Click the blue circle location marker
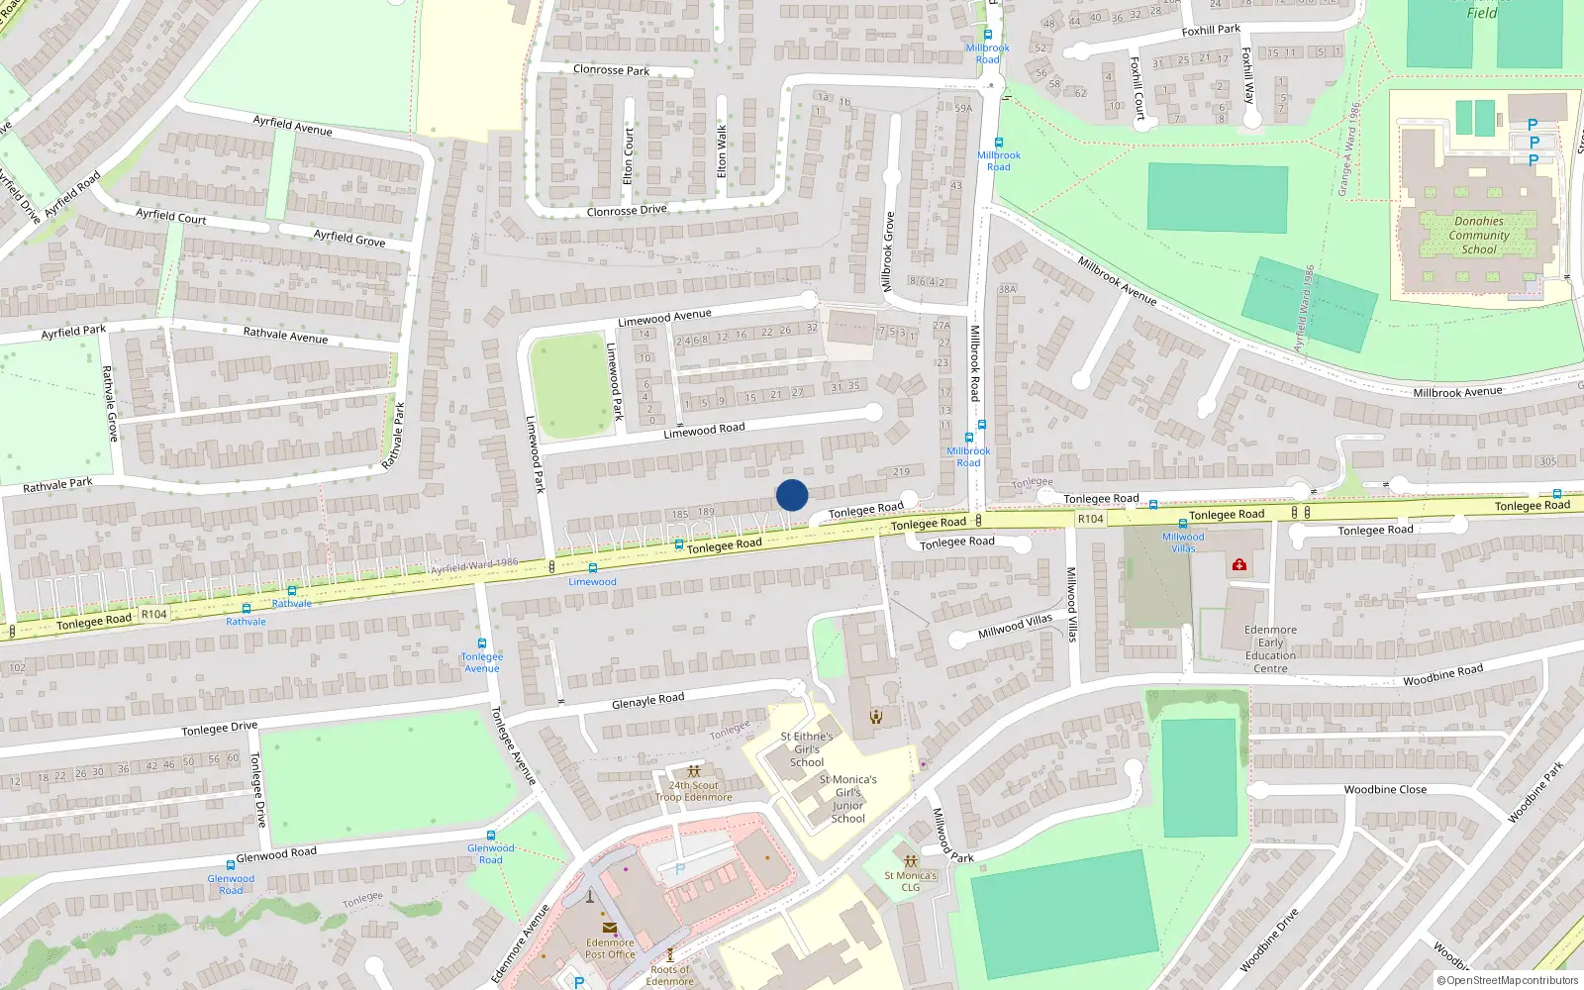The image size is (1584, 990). point(792,495)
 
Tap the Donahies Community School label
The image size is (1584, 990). point(1479,236)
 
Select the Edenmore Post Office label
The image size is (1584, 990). point(610,948)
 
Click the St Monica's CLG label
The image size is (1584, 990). point(911,881)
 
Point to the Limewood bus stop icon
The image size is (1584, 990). point(593,568)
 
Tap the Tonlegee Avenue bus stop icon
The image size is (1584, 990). point(482,643)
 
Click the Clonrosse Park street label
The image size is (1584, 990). point(611,70)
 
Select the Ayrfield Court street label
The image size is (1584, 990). point(171,216)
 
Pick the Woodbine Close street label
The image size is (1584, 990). point(1385,790)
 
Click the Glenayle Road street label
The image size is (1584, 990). point(647,701)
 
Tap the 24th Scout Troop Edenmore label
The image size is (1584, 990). point(694,791)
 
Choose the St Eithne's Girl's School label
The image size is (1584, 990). point(806,749)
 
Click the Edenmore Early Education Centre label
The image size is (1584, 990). point(1270,648)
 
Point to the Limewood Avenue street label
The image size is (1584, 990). point(664,318)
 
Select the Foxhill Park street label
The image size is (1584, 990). point(1211,31)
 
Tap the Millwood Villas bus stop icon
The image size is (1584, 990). point(1182,524)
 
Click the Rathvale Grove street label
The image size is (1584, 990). point(111,404)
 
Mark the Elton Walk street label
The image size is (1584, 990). point(722,151)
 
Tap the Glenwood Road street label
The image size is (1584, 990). point(276,854)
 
